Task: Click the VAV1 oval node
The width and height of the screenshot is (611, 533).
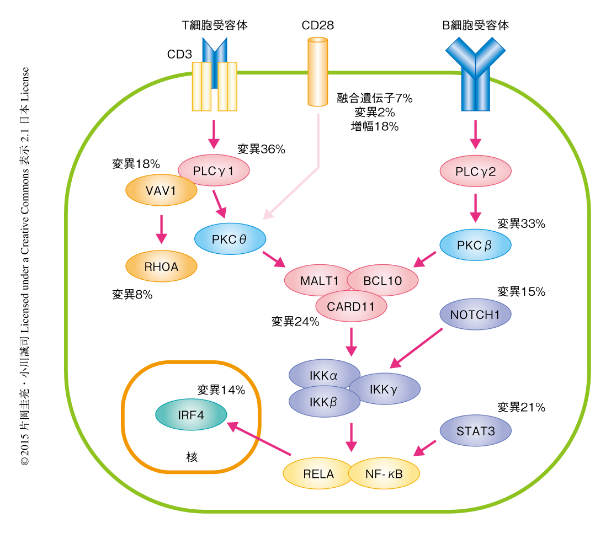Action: (161, 191)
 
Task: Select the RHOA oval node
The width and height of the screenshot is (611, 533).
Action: (161, 266)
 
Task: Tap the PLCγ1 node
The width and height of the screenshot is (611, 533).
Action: (214, 171)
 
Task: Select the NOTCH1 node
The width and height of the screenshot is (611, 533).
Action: (475, 315)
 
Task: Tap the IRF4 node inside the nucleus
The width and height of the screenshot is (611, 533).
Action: (191, 414)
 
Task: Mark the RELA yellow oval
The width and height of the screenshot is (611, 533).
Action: (318, 473)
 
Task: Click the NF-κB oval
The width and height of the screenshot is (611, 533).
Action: (384, 473)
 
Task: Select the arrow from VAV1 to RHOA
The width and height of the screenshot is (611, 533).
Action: (161, 229)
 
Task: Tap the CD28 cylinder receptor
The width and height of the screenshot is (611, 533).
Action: (317, 72)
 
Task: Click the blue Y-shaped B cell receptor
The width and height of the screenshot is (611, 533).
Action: (475, 74)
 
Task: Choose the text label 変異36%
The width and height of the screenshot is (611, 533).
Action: (261, 148)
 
